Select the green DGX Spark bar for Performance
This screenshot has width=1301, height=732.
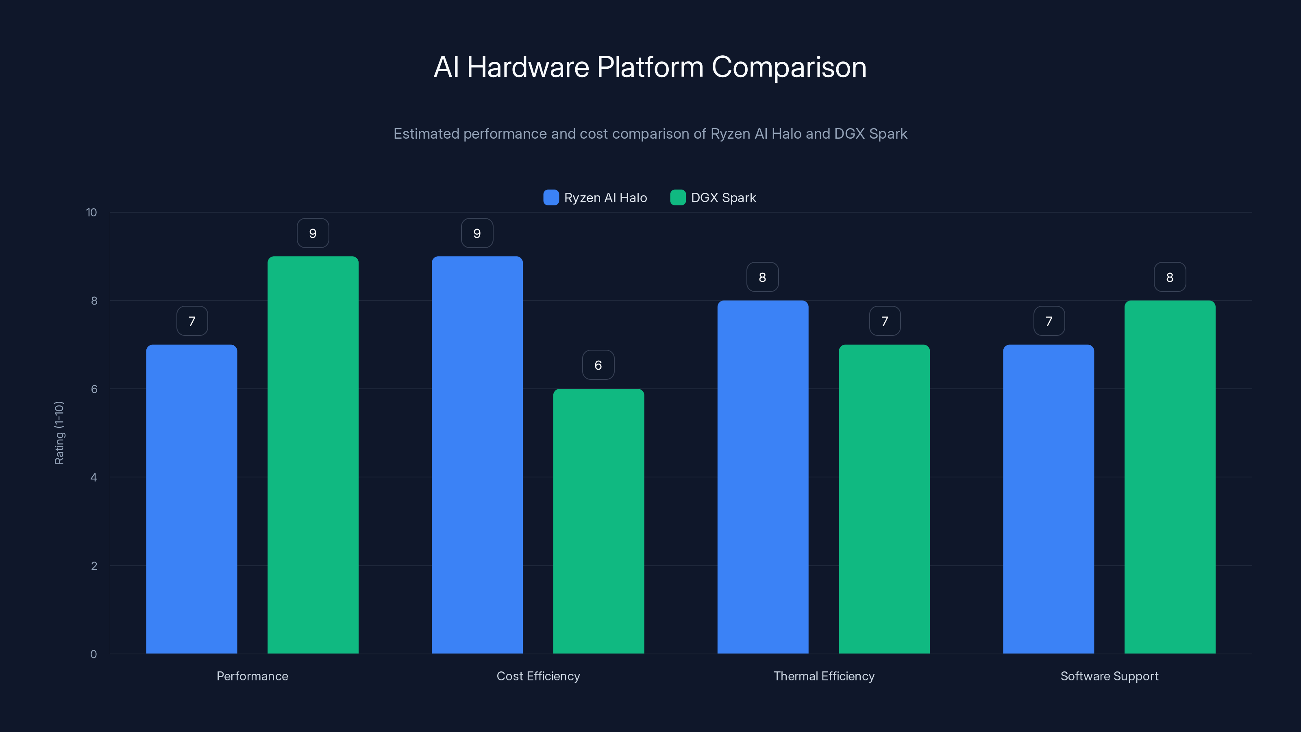point(313,455)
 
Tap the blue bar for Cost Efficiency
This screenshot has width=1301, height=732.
point(477,455)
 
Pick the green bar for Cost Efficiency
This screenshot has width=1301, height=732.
point(598,521)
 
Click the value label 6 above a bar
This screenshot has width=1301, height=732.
point(598,365)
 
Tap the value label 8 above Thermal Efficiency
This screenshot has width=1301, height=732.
point(763,277)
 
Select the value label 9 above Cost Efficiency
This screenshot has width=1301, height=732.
point(477,233)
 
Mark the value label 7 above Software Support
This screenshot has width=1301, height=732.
point(1049,321)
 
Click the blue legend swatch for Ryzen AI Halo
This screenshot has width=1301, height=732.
point(551,198)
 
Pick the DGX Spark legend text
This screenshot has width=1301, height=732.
point(723,198)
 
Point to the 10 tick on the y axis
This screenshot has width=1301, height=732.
point(91,212)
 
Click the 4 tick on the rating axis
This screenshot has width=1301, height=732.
point(94,477)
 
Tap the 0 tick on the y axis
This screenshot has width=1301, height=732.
point(94,654)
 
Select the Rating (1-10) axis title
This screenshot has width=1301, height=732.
point(59,433)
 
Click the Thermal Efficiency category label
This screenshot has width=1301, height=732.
point(824,676)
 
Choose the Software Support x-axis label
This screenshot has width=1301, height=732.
point(1109,676)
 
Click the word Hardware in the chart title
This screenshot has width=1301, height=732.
point(528,67)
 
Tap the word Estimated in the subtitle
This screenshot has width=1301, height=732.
point(426,134)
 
